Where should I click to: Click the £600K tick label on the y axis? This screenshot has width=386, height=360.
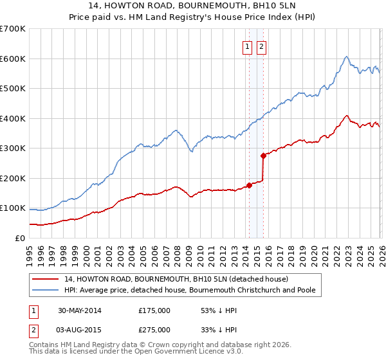[x=13, y=59]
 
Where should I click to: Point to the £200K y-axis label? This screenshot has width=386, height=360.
[x=13, y=178]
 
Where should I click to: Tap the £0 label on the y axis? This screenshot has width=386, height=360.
[x=19, y=238]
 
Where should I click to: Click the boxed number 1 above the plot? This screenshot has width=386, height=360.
[x=248, y=46]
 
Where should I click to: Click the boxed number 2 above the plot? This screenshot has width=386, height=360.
[x=262, y=46]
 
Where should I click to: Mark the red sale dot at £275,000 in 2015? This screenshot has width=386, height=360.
[x=263, y=156]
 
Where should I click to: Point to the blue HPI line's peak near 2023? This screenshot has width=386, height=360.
[x=346, y=57]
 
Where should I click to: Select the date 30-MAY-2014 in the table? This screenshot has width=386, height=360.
[x=78, y=310]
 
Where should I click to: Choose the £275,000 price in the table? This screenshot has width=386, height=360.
[x=154, y=329]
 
